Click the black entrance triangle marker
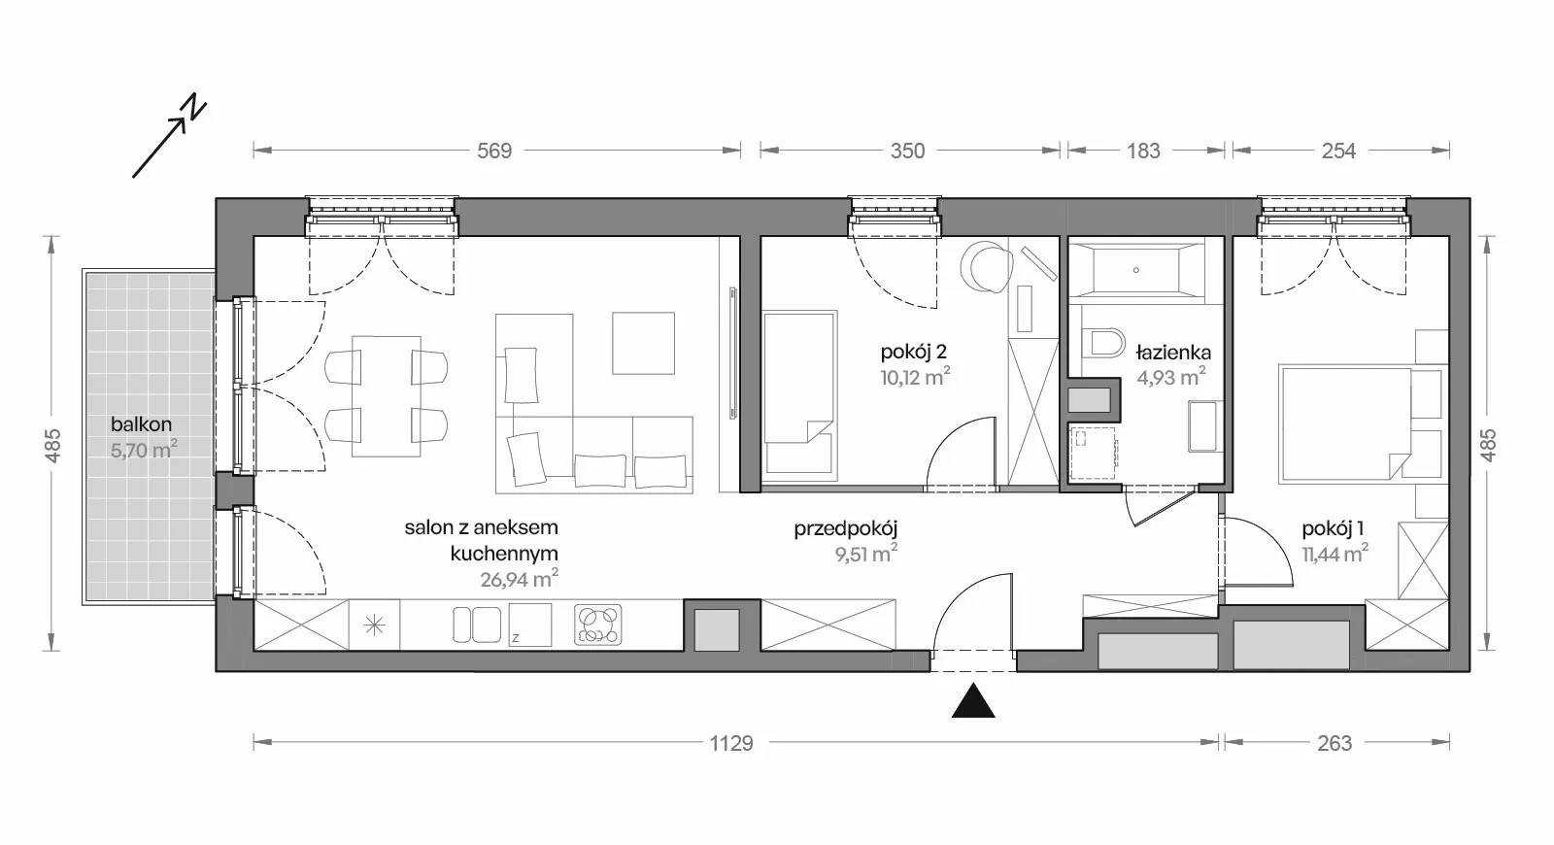click(973, 701)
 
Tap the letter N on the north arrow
click(194, 106)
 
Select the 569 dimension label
click(494, 151)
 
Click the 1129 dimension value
click(731, 743)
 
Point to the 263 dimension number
click(1334, 743)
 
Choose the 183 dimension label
click(1142, 151)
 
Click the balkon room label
click(142, 423)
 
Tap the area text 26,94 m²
click(520, 579)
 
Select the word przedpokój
click(846, 529)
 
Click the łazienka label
click(1173, 353)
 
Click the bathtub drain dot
click(1135, 270)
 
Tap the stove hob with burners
click(598, 625)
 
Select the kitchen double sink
click(477, 625)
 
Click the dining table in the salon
click(387, 396)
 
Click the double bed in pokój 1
click(1345, 423)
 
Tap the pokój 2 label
click(914, 353)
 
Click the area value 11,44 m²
click(1334, 554)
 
